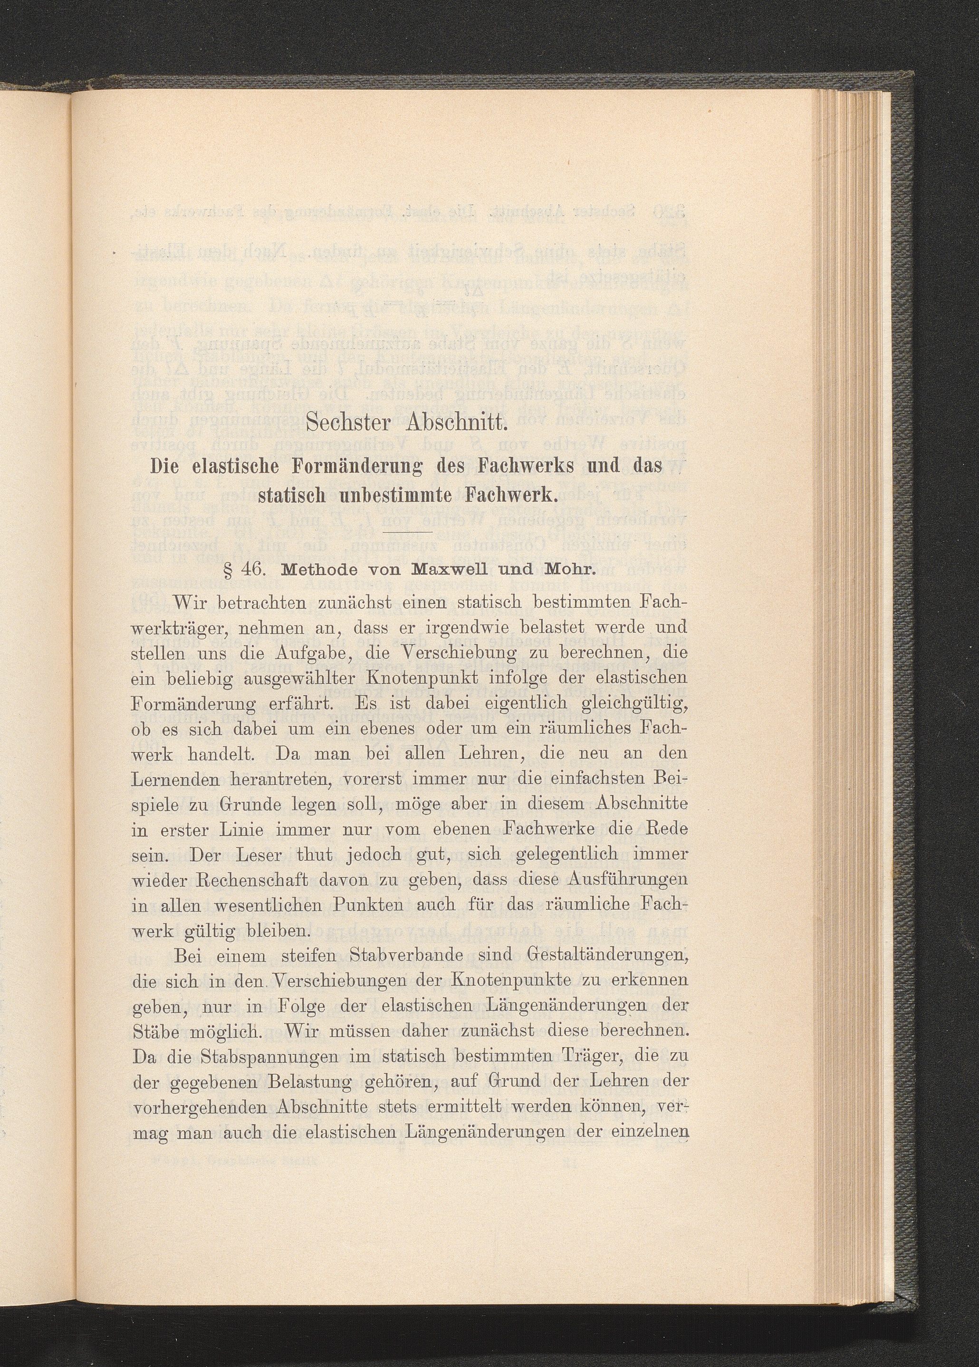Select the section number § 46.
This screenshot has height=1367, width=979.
click(241, 569)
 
